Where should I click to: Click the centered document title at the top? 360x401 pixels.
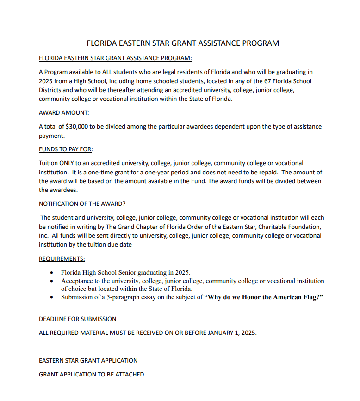coord(183,43)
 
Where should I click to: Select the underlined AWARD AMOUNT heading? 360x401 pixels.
coord(63,113)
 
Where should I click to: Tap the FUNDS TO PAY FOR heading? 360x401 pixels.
coord(65,149)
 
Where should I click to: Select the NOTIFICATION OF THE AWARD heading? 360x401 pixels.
coord(81,204)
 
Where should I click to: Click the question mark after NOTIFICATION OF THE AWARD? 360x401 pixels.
coord(124,204)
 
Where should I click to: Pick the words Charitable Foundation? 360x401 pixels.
coord(290,227)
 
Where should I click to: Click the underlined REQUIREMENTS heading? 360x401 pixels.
coord(62,259)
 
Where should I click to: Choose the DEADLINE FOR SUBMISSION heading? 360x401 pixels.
coord(77,319)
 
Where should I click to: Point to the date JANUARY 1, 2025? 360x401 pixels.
coord(227,333)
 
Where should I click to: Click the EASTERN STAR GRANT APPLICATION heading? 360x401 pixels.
coord(88,360)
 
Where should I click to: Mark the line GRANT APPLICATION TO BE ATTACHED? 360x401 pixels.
coord(91,374)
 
